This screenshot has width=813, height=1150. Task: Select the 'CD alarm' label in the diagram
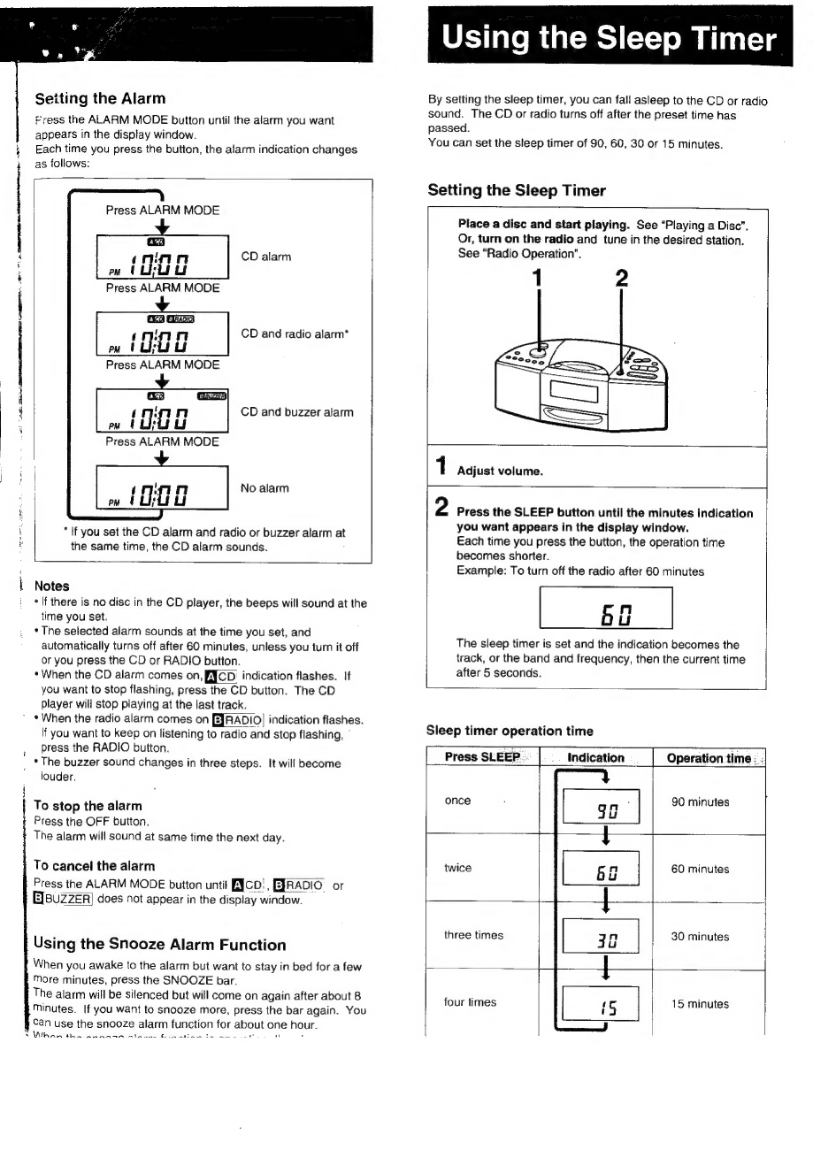click(265, 257)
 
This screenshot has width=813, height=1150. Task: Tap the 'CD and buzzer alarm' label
click(296, 412)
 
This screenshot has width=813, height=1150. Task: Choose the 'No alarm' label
click(265, 488)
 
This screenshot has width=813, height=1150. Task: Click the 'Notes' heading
click(52, 586)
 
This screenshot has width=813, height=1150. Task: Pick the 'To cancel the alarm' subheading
click(94, 866)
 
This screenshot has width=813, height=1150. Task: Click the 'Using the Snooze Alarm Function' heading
click(159, 945)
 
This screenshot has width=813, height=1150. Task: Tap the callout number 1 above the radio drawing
click(533, 280)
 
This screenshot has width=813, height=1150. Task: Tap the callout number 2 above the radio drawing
click(621, 280)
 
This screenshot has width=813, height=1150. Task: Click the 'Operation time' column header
click(709, 757)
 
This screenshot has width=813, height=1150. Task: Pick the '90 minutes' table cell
click(700, 802)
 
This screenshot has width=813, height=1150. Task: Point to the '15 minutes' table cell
click(700, 1004)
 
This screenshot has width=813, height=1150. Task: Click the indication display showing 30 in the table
click(601, 937)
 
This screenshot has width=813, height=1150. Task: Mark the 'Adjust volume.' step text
click(499, 471)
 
